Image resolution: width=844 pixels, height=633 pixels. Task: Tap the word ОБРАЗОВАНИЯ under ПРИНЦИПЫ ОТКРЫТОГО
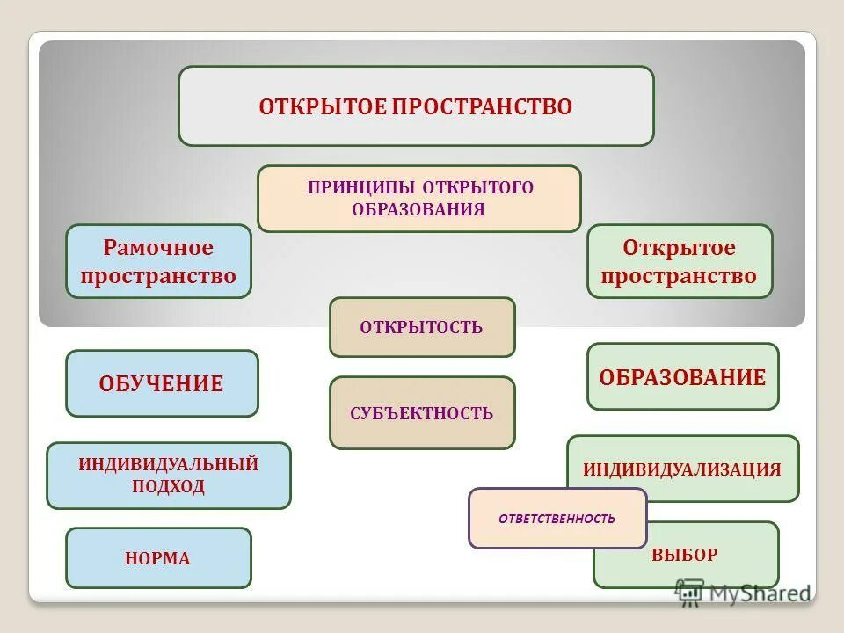(x=418, y=210)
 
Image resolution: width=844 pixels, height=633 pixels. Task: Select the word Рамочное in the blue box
(x=158, y=248)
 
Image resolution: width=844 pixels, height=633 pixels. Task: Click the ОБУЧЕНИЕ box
(x=162, y=383)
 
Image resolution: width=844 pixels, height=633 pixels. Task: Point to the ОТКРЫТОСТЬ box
(x=422, y=327)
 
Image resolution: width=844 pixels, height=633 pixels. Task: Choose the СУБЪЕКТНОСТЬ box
(x=422, y=413)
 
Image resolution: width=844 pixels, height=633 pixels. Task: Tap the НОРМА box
(x=158, y=558)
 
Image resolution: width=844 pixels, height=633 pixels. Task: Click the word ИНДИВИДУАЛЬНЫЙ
(x=168, y=464)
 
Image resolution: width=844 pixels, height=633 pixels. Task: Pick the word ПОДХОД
(x=168, y=486)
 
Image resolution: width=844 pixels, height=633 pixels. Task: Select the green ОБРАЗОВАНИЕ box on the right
(x=682, y=377)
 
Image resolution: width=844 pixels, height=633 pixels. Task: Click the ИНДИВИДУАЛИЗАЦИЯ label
(x=682, y=469)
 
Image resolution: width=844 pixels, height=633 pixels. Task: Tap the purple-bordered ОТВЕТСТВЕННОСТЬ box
(x=557, y=519)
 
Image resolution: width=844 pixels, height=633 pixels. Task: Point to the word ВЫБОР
(x=685, y=555)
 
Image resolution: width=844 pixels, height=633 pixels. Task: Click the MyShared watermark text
(x=760, y=593)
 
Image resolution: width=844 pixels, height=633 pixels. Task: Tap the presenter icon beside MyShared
(x=689, y=593)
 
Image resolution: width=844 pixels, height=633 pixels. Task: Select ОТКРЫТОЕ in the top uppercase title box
(x=323, y=107)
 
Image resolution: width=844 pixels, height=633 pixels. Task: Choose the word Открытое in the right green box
(x=679, y=248)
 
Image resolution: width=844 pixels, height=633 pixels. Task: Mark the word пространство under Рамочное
(x=158, y=276)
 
